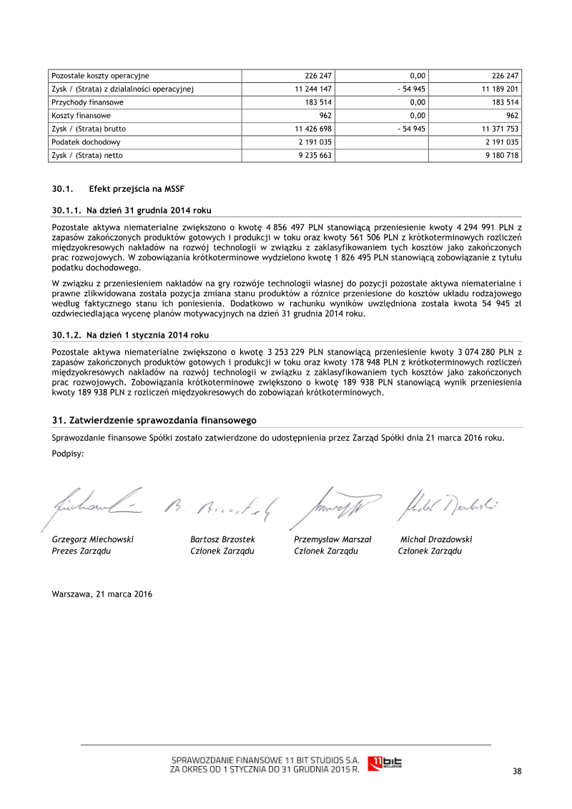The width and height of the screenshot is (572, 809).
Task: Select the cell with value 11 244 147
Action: coord(313,89)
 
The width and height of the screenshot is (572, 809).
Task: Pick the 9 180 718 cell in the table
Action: coord(502,155)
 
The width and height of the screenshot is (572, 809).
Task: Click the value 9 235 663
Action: coord(313,155)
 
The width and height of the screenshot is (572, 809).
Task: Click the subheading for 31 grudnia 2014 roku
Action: coord(132,210)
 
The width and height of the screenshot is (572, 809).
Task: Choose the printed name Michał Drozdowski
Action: coord(435,539)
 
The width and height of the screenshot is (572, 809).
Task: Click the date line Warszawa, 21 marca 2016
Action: coord(102,594)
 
